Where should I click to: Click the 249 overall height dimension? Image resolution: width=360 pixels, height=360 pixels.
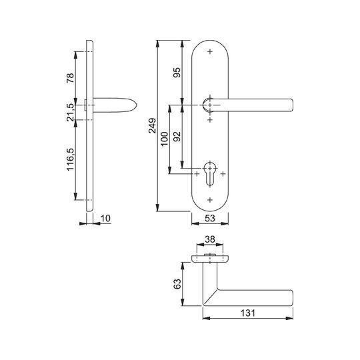tap(152, 125)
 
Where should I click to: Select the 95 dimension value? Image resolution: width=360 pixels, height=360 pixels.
tap(177, 73)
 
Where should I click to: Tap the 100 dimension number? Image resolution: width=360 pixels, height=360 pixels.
tap(165, 139)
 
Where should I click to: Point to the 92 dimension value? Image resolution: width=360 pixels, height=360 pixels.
tap(177, 137)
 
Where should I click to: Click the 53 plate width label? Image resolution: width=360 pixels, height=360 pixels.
tap(210, 218)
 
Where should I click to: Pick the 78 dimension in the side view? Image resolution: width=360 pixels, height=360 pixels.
tap(70, 78)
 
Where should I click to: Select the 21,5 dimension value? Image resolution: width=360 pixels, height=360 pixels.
tap(70, 112)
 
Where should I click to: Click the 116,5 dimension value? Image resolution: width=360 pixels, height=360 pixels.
tap(70, 159)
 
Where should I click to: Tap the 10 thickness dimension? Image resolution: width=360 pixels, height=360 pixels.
tap(105, 218)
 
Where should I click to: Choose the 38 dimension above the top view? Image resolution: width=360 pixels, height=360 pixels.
tap(210, 239)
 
